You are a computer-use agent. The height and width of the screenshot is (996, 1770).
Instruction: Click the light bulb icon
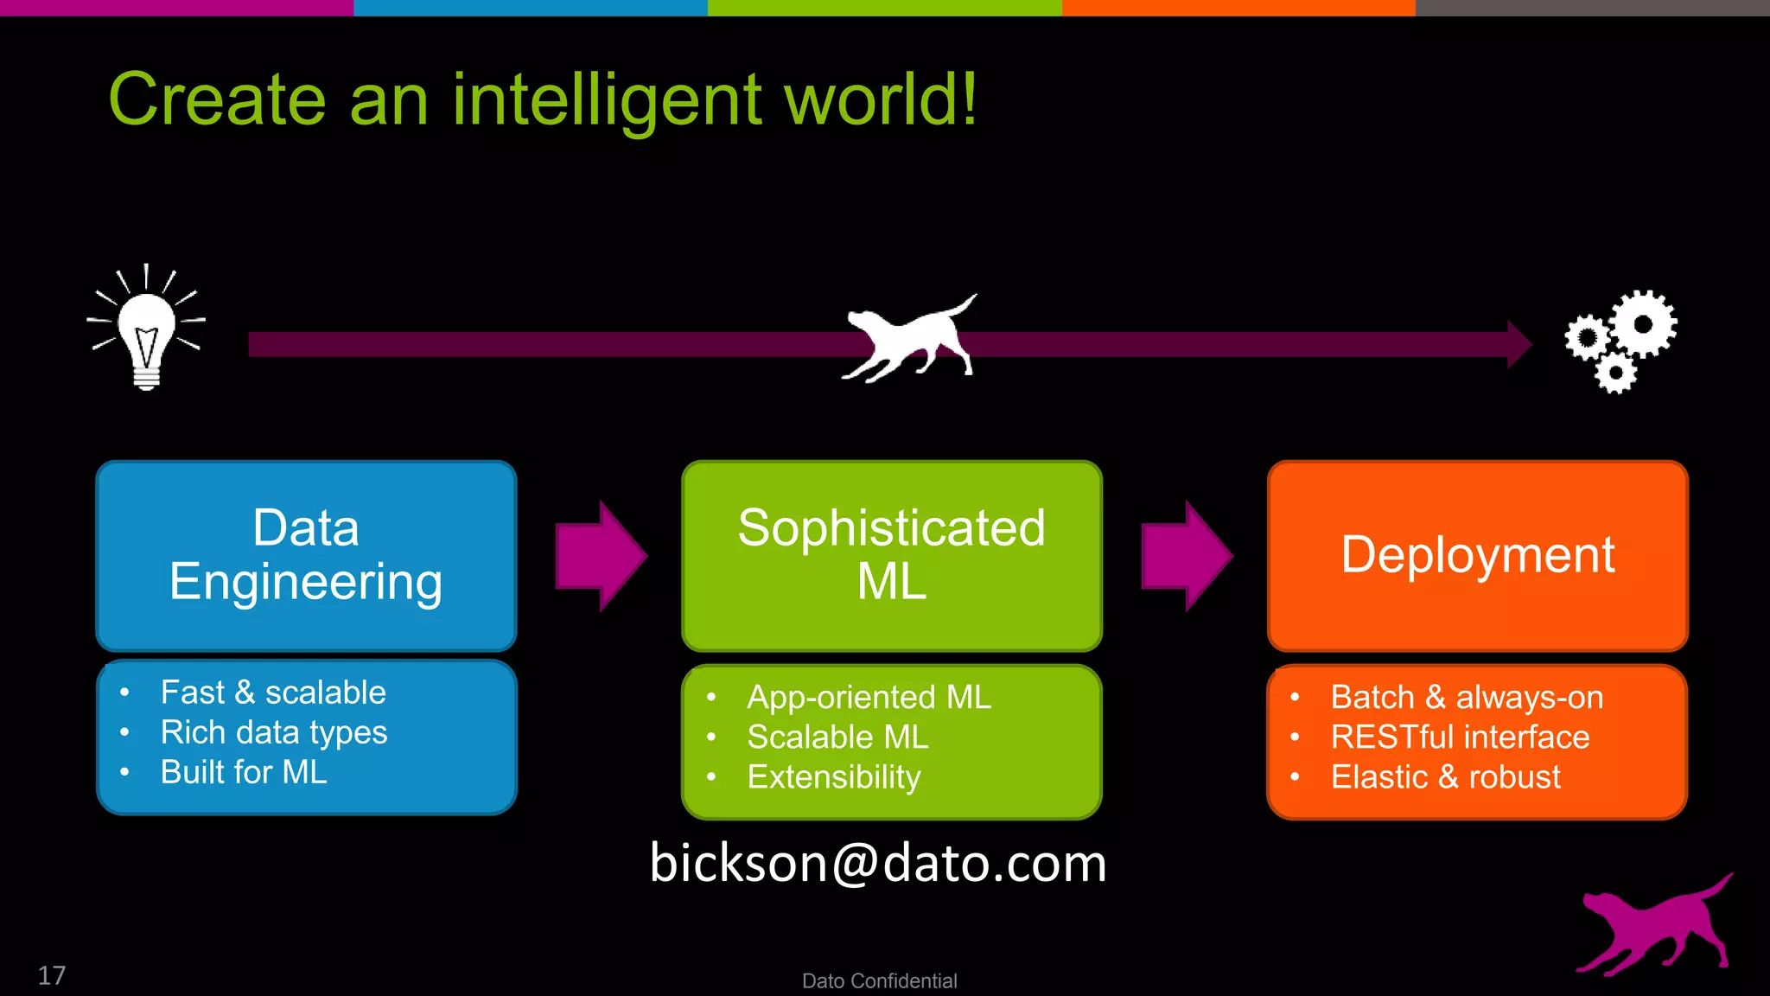(x=146, y=333)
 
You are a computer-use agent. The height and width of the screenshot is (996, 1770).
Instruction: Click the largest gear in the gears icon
(x=1643, y=324)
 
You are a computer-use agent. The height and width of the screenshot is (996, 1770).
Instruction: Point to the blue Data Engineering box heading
(x=306, y=554)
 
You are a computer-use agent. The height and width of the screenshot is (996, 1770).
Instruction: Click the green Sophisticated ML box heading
(x=891, y=554)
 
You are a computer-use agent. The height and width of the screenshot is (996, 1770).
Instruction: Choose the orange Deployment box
(x=1477, y=554)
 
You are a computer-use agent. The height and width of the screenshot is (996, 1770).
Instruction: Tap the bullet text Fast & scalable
(x=273, y=693)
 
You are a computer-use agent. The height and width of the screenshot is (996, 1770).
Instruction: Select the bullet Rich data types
(x=274, y=733)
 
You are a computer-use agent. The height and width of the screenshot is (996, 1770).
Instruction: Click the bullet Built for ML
(x=244, y=772)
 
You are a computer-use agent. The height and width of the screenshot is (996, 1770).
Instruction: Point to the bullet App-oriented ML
(x=869, y=697)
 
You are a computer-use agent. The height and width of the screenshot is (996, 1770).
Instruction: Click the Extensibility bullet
(x=834, y=777)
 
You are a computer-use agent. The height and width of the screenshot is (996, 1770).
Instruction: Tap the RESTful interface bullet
(x=1460, y=737)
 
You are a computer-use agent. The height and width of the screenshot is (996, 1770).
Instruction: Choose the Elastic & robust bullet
(x=1445, y=777)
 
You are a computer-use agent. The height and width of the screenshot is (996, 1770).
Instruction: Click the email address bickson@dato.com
(x=877, y=863)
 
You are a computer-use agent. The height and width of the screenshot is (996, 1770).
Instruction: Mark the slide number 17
(x=52, y=975)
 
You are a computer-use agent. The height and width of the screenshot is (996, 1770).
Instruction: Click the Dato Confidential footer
(x=879, y=980)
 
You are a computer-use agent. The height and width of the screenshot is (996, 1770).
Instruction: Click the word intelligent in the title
(x=607, y=101)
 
